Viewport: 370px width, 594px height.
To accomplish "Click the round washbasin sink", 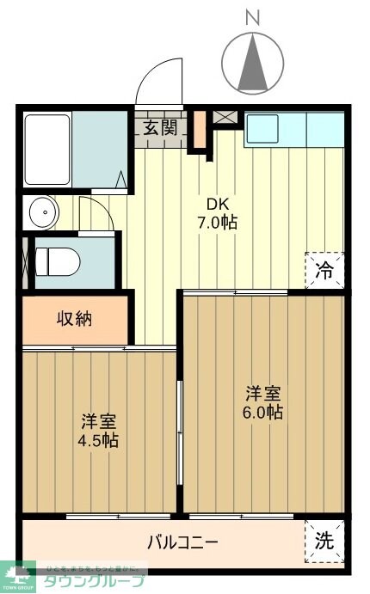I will click(x=40, y=211).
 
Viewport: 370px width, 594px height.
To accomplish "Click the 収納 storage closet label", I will click(x=76, y=319).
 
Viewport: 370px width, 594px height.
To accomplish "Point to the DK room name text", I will click(x=217, y=204).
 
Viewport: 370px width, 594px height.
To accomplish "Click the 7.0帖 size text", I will click(x=217, y=223).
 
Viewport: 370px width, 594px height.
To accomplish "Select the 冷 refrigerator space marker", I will click(x=324, y=268).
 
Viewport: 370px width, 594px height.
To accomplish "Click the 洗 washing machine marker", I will click(x=324, y=542).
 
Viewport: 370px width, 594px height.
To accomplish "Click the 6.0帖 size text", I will click(x=263, y=413).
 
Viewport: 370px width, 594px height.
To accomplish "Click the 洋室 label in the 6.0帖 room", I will click(x=263, y=393).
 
